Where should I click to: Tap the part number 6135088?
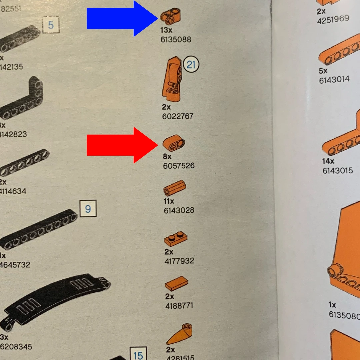[176, 40]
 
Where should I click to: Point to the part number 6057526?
[179, 166]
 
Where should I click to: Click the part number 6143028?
[179, 210]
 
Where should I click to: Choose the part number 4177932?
[179, 261]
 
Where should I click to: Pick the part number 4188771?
[179, 305]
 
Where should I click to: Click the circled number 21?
[191, 64]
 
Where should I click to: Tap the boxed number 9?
[88, 209]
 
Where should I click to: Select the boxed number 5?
[51, 25]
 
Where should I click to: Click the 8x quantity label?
[167, 156]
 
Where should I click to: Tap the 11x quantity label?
[169, 201]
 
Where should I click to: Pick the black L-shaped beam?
[23, 100]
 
